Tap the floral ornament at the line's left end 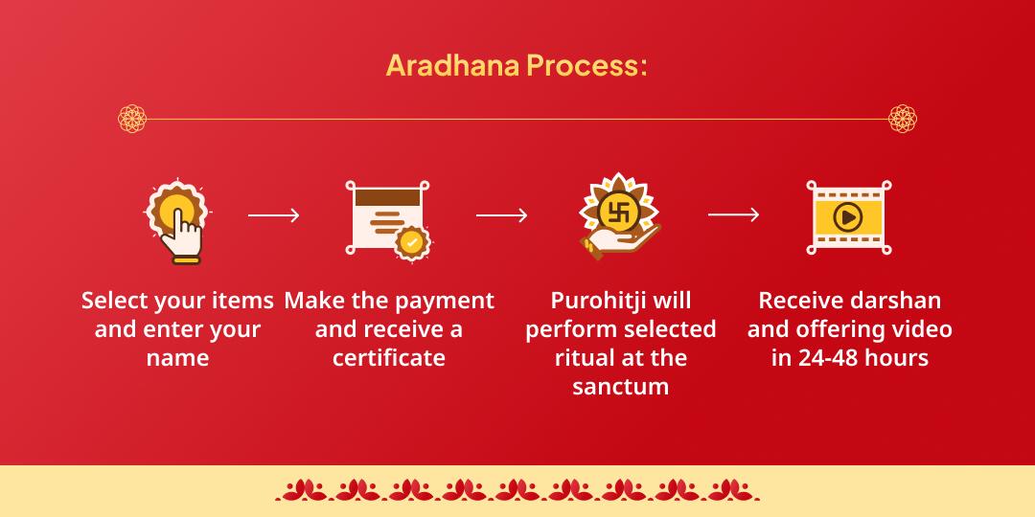pos(132,119)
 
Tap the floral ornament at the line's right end pos(903,119)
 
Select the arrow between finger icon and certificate pos(274,215)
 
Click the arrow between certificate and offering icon pos(501,215)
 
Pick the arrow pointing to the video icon pos(733,215)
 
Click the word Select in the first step pos(115,301)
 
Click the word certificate pos(389,358)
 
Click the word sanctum pos(621,387)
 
